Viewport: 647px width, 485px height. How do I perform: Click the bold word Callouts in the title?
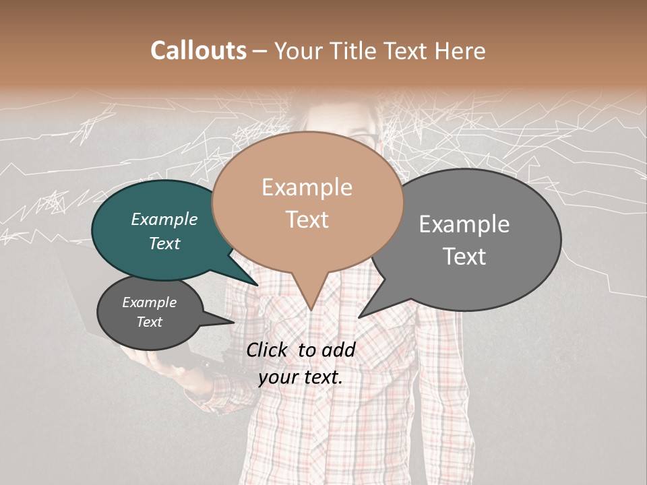(x=198, y=51)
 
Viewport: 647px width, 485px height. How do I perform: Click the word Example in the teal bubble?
(x=164, y=219)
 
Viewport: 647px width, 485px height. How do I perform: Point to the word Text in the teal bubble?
(x=164, y=243)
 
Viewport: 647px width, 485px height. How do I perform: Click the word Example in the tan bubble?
(x=307, y=187)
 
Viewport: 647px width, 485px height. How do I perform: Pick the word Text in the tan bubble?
(x=307, y=220)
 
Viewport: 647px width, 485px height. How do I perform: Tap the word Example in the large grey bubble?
(x=464, y=224)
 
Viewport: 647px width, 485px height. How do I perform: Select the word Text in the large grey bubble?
(x=464, y=257)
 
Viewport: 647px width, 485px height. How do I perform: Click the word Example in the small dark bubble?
(x=150, y=302)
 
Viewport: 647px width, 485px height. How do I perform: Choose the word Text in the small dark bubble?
(x=150, y=322)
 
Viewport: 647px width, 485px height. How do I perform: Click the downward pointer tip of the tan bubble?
(x=311, y=309)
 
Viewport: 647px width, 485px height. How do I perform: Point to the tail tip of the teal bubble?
(x=257, y=286)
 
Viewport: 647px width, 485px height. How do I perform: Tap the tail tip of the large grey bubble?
(x=359, y=317)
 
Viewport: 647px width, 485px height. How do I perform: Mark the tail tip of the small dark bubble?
(x=233, y=323)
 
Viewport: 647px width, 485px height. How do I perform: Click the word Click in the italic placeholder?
(x=268, y=350)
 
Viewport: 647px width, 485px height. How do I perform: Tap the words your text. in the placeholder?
(x=301, y=377)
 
